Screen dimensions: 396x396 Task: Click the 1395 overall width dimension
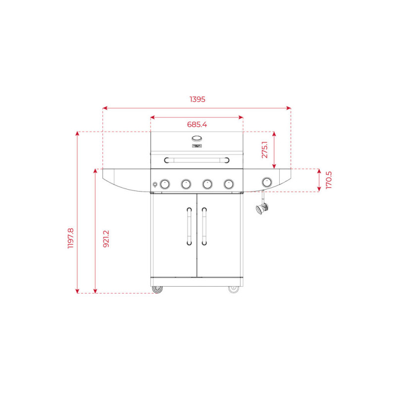[x=197, y=99]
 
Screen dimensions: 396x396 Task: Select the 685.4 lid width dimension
[x=197, y=125]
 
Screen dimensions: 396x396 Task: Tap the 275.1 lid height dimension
[x=265, y=149]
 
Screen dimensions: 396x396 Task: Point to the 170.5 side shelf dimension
[x=329, y=180]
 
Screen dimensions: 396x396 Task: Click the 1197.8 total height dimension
[x=70, y=238]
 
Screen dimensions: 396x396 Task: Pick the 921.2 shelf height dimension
[x=105, y=239]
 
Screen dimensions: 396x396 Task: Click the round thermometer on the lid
[x=197, y=139]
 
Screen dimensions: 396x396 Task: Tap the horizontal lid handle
[x=197, y=160]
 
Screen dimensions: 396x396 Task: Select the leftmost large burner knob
[x=165, y=184]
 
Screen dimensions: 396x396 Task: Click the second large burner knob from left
[x=186, y=184]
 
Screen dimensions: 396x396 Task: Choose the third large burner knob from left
[x=207, y=184]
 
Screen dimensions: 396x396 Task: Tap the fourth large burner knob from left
[x=228, y=184]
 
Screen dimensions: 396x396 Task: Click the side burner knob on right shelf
[x=267, y=182]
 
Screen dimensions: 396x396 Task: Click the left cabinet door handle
[x=189, y=226]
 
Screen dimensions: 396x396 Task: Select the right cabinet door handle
[x=203, y=226]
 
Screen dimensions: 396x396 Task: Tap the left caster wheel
[x=157, y=289]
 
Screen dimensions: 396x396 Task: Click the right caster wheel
[x=234, y=289]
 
